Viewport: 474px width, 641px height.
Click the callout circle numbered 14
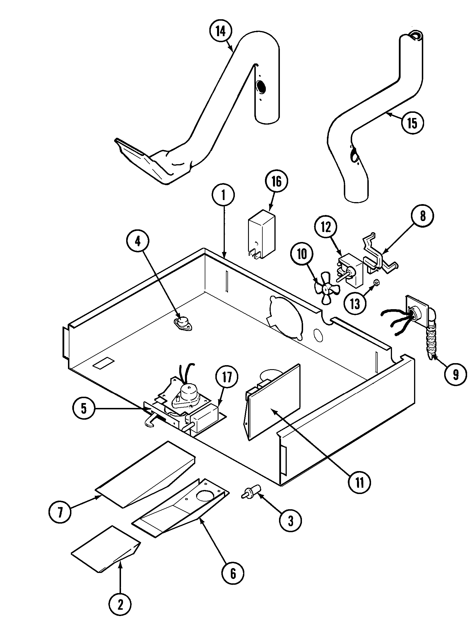[x=221, y=32]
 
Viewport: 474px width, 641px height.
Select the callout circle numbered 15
[x=412, y=123]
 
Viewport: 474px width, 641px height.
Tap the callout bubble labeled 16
[x=277, y=181]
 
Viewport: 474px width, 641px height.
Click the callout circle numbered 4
[x=138, y=242]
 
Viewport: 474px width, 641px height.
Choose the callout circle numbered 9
[x=456, y=375]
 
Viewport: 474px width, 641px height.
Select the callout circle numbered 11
[x=360, y=483]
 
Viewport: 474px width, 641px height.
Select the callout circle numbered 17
[x=227, y=378]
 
